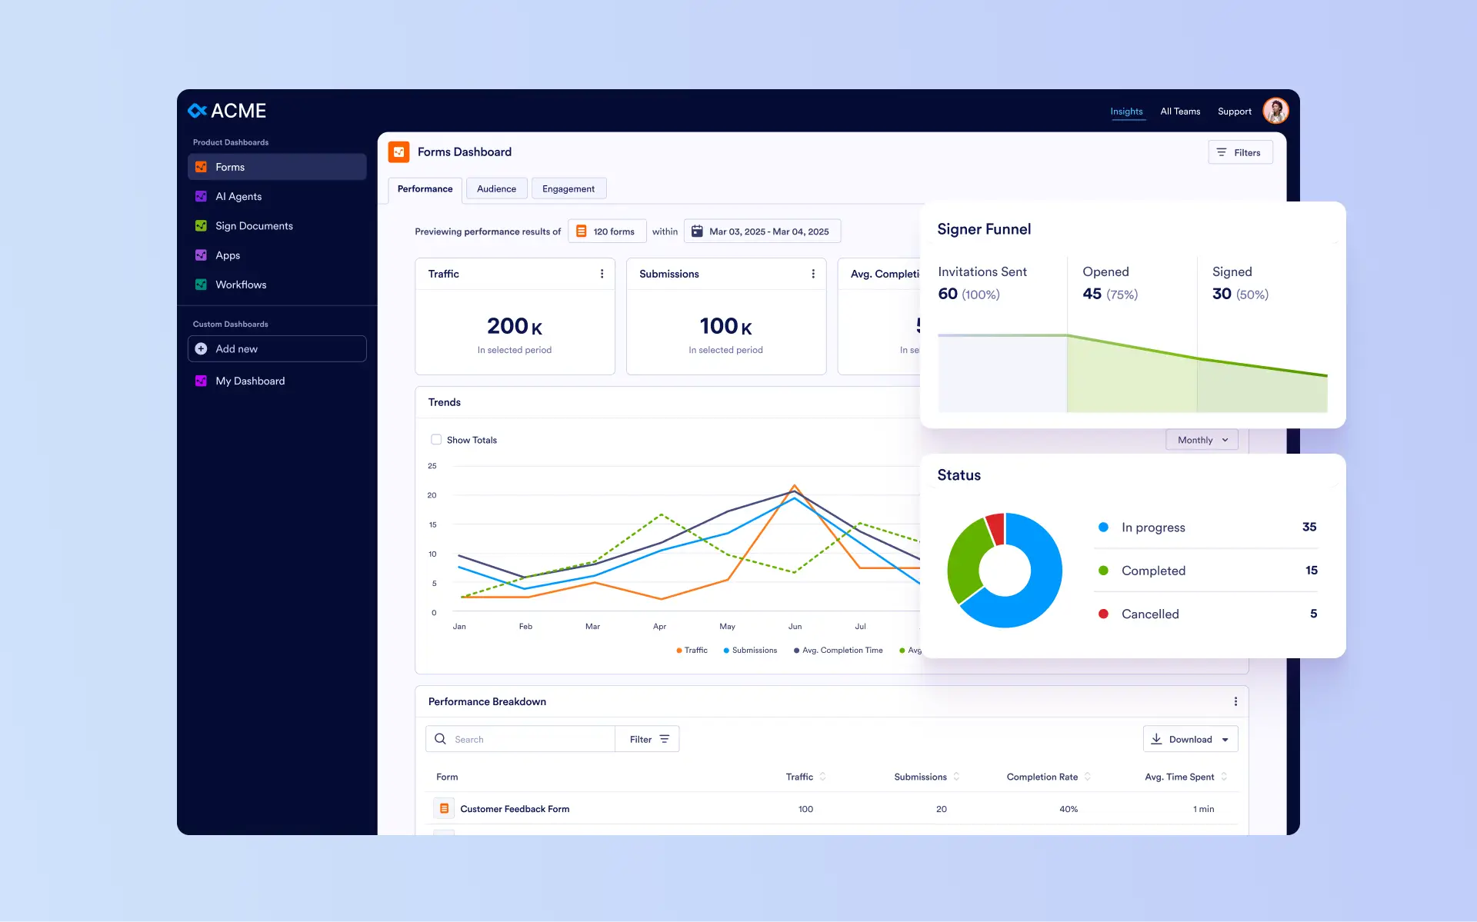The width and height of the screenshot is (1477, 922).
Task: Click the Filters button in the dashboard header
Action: point(1240,152)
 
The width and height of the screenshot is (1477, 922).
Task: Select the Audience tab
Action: point(496,188)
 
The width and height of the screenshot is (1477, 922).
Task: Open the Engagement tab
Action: point(568,188)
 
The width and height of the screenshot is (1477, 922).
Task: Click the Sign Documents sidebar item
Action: point(254,226)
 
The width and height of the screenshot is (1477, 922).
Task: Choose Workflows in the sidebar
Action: point(241,285)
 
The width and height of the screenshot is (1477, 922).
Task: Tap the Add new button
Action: point(277,348)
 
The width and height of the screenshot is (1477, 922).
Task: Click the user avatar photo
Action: point(1275,111)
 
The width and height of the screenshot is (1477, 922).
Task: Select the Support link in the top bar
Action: point(1234,112)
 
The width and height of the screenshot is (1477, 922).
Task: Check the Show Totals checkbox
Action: point(436,440)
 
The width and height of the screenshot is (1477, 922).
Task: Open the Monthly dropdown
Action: point(1202,440)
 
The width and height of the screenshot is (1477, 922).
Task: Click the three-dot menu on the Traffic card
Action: point(602,274)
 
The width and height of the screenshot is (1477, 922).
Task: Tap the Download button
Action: point(1190,739)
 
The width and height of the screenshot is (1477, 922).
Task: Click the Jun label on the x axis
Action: point(795,627)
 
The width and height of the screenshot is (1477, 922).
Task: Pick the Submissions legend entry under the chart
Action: point(750,651)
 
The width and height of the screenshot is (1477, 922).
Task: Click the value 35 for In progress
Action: point(1309,527)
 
